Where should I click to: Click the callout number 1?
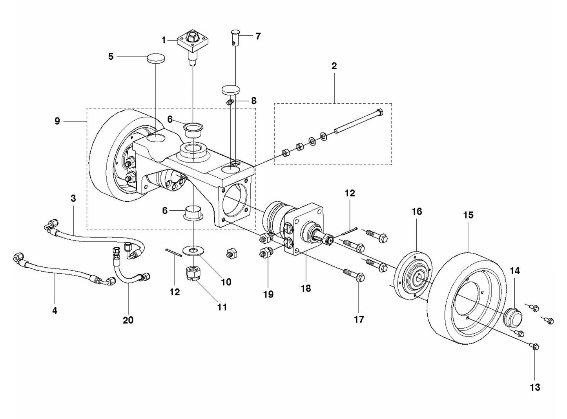(164, 40)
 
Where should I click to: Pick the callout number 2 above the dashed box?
(334, 66)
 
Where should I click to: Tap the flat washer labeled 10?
(194, 250)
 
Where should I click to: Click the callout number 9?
(57, 121)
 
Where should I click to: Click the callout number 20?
(128, 320)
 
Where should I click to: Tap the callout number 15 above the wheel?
(468, 215)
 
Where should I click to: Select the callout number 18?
(306, 288)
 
